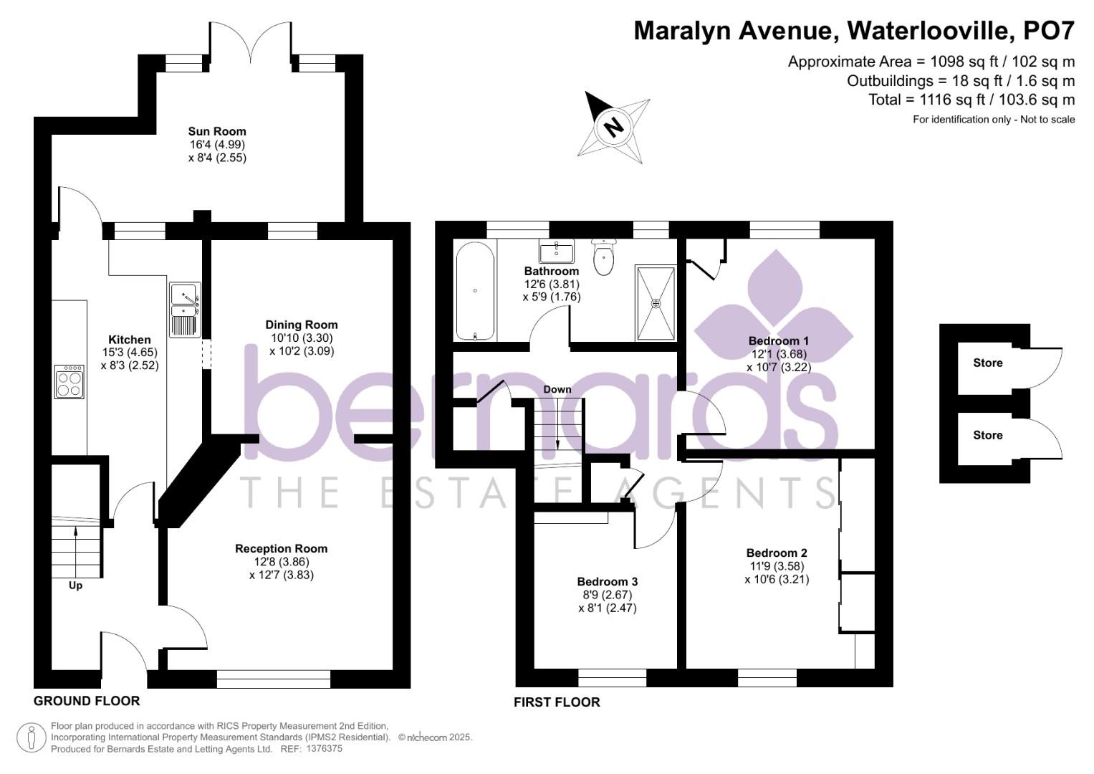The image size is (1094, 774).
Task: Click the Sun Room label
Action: [x=217, y=131]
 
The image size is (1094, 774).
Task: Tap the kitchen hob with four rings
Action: [x=70, y=381]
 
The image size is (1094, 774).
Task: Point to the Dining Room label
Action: [x=302, y=325]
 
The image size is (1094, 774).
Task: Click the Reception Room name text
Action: [x=282, y=548]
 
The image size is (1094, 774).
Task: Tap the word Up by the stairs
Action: [x=75, y=586]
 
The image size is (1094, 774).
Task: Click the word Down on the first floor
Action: [x=557, y=389]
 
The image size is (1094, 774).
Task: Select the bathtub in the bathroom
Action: [x=475, y=291]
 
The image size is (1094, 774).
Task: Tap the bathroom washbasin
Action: [x=556, y=252]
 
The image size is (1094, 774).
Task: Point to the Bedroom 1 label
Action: [x=779, y=340]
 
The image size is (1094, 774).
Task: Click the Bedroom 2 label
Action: [x=777, y=553]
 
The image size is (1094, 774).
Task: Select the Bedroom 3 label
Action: [x=608, y=581]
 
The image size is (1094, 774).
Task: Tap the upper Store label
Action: [x=988, y=363]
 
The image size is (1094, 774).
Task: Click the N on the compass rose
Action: [x=613, y=127]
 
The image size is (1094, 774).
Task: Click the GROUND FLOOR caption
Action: [x=87, y=701]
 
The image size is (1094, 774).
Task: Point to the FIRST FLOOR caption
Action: [x=557, y=702]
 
